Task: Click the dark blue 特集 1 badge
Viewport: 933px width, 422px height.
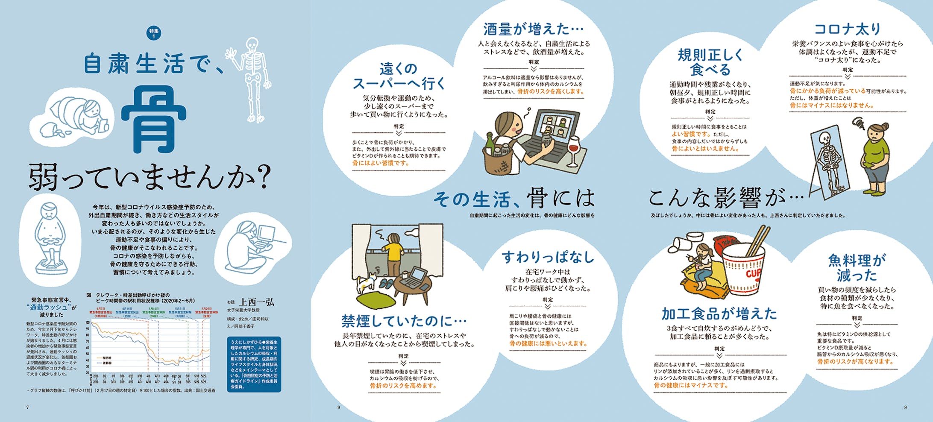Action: point(154,33)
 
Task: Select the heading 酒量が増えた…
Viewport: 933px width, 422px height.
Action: point(533,29)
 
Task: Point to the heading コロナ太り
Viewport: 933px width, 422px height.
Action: point(848,29)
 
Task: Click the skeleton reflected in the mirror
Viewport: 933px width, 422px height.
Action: point(828,164)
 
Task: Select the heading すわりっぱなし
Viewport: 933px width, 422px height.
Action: point(548,257)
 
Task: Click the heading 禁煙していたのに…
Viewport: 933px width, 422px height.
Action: point(404,320)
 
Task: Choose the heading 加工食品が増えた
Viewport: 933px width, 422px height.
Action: point(719,314)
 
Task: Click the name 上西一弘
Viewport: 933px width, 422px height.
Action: point(257,302)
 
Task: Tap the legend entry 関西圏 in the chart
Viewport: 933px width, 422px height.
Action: point(107,358)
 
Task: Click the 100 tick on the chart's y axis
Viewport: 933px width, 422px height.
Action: point(88,322)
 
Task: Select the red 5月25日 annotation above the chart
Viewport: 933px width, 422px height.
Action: point(206,309)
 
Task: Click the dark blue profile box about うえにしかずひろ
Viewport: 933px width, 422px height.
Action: point(254,364)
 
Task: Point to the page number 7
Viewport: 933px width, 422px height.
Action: point(28,407)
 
